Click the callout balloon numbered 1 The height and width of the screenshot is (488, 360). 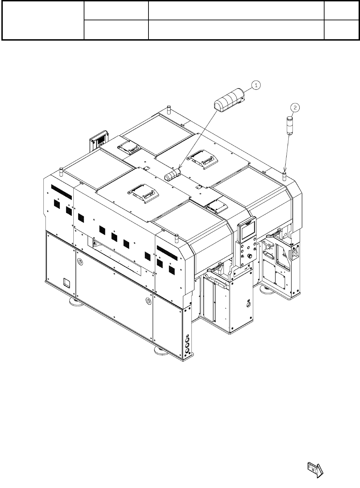256,85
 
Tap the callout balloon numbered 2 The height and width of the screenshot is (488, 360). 295,108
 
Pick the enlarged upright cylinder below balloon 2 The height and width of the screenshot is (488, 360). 290,126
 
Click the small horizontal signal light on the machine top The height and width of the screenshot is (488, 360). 173,174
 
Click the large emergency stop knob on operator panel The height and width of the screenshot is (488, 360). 249,256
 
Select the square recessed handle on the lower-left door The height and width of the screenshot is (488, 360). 67,282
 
